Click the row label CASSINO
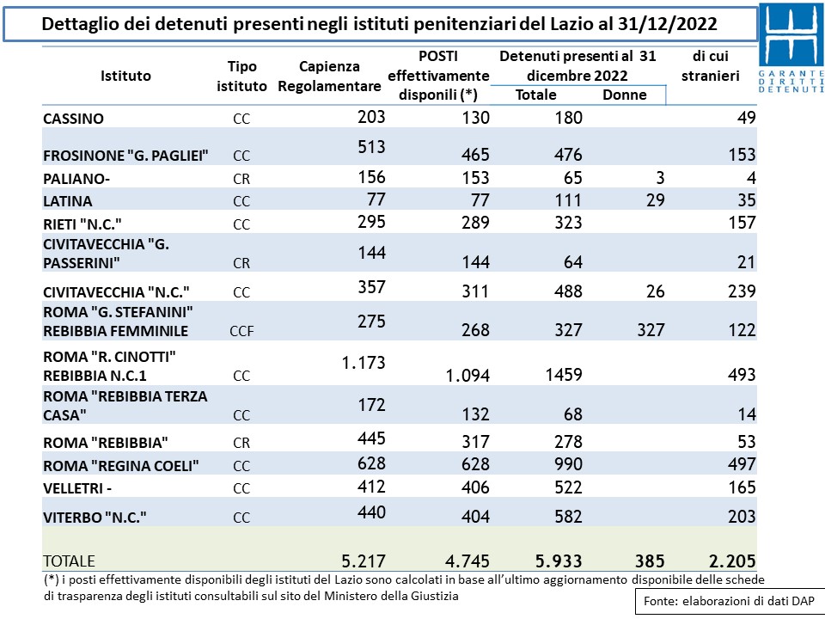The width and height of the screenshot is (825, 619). click(x=73, y=119)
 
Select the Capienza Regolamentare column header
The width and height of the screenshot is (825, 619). click(x=329, y=77)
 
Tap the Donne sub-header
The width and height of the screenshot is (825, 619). click(x=625, y=95)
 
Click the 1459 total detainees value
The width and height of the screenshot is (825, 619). click(x=564, y=375)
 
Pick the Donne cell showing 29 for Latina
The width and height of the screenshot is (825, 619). click(x=656, y=200)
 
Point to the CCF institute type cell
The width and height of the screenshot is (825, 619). click(x=242, y=331)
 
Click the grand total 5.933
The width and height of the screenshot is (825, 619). click(x=559, y=561)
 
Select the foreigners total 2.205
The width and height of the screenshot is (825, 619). click(x=732, y=561)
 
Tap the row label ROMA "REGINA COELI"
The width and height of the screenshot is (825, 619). click(x=121, y=466)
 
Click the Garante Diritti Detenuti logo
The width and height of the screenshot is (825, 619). click(x=791, y=48)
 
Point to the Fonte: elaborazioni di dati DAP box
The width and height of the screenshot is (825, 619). click(x=729, y=601)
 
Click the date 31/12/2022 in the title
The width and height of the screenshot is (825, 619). click(x=667, y=24)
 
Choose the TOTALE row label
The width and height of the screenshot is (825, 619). click(x=69, y=561)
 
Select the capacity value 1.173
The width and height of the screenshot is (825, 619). click(x=364, y=363)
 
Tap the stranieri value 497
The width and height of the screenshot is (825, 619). click(x=742, y=464)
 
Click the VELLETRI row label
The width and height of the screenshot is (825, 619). click(x=77, y=488)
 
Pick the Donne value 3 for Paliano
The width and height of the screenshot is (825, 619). click(x=660, y=178)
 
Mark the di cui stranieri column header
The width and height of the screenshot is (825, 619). click(x=711, y=66)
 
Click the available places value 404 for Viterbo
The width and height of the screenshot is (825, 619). click(x=475, y=517)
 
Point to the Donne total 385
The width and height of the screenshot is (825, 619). click(x=650, y=561)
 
